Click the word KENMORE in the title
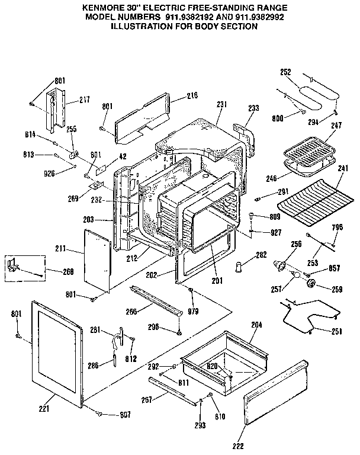coord(99,7)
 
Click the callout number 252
coord(285,72)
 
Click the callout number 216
coord(192,95)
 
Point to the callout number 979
coord(193,312)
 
